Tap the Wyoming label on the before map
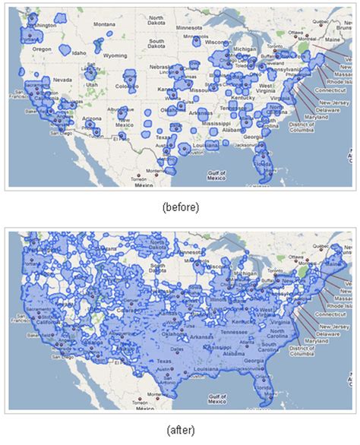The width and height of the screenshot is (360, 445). (x=115, y=55)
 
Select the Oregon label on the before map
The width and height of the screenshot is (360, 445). (x=42, y=49)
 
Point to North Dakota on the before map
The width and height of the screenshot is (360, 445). (x=157, y=21)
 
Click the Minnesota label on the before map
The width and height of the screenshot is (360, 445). (x=189, y=27)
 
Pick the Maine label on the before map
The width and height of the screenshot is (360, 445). (x=331, y=30)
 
